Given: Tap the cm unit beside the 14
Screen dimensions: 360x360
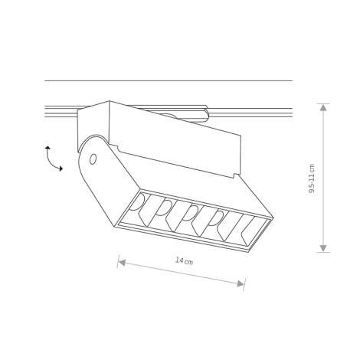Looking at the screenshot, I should pos(188,262).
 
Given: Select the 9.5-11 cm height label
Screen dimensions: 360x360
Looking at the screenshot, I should pos(312,178).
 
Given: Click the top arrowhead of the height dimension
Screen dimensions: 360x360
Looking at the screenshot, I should pos(323,108).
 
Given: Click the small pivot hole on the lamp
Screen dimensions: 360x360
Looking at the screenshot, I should pos(93,159).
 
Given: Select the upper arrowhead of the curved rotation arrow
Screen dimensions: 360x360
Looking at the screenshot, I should pos(47,147).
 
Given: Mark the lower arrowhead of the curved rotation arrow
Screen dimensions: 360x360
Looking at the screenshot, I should pos(61,169).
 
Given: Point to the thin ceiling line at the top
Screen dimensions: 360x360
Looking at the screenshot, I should pos(169,80).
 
